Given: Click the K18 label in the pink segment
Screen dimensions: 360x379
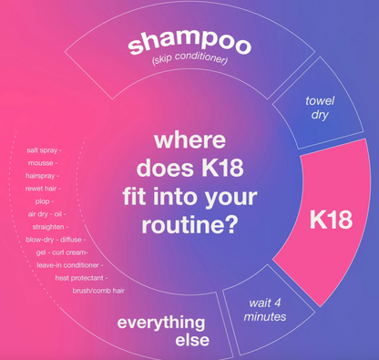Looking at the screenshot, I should coord(331,221).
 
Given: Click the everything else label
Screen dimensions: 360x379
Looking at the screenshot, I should coord(163,331).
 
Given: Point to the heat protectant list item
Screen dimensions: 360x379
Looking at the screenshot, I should coord(80,277).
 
